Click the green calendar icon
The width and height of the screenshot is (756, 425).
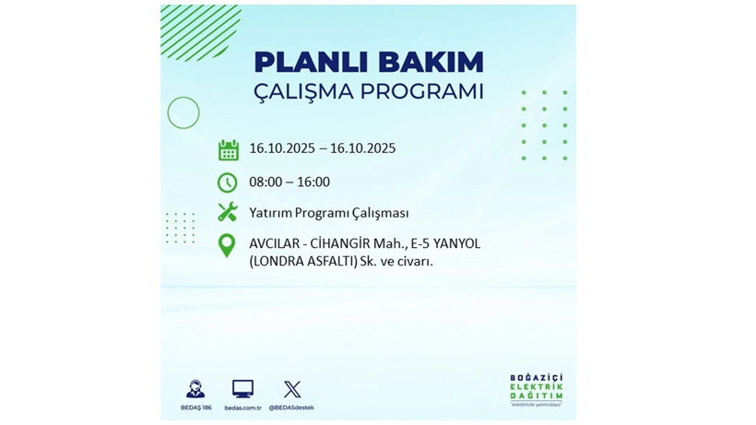point(228,149)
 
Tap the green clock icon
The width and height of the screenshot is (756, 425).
point(227,183)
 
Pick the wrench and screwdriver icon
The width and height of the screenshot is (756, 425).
point(227,212)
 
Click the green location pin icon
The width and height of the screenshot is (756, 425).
point(226,246)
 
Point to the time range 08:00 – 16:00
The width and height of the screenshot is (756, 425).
point(289,183)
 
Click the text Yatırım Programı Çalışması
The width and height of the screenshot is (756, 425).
point(329,213)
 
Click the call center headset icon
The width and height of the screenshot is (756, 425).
point(195,389)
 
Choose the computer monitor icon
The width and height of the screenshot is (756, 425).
point(242,389)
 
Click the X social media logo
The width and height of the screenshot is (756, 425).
point(292,389)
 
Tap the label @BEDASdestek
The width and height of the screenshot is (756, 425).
point(292,407)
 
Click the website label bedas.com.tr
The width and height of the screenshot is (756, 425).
point(242,407)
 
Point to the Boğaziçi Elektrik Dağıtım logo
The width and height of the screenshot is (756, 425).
point(537,391)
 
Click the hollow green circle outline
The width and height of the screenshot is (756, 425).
point(183,112)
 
